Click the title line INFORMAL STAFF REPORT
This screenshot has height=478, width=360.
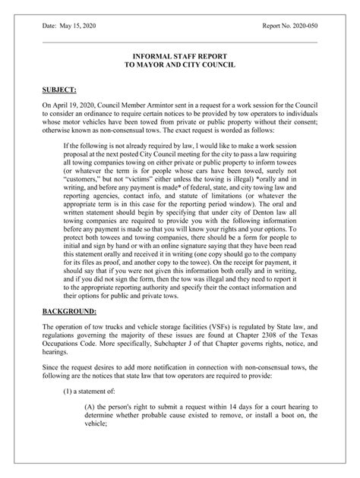(179, 57)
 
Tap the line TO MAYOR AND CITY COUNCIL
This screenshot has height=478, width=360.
(179, 66)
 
